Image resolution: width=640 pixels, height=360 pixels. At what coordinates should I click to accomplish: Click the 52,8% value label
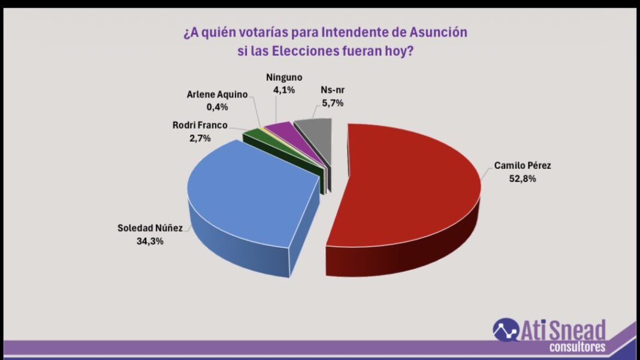coord(523,179)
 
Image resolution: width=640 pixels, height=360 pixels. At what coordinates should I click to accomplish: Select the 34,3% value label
coord(150,241)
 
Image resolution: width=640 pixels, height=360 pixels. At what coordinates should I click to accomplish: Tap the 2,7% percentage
coord(200,138)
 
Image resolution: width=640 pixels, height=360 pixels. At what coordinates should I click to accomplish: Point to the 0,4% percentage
coord(217,107)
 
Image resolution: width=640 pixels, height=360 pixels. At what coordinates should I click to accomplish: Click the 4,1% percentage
coord(284,90)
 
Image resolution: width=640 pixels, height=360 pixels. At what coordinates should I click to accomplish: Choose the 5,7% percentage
coord(333,103)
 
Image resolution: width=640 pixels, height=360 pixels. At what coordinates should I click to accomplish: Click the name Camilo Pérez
coord(523,166)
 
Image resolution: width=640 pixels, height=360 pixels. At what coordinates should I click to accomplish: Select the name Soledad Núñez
coord(150,228)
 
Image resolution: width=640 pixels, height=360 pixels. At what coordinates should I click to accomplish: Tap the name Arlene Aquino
coord(217,94)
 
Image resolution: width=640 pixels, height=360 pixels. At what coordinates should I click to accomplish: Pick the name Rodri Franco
coord(200,125)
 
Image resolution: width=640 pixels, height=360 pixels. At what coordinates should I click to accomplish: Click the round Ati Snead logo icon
coord(506,330)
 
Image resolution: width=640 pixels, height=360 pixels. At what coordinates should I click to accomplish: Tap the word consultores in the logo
coord(577,347)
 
